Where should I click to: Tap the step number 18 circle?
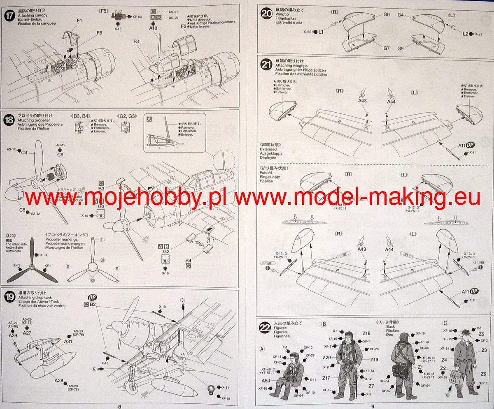tap(9, 120)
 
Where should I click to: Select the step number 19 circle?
tap(9, 296)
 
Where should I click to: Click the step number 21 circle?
tap(266, 64)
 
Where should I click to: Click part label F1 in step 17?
tap(79, 20)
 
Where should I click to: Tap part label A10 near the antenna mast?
tap(153, 28)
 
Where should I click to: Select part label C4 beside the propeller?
tap(24, 153)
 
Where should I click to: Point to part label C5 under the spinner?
tap(22, 210)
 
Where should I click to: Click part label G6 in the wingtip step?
tap(386, 15)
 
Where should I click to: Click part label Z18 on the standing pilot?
tap(367, 333)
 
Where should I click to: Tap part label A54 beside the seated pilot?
tap(266, 381)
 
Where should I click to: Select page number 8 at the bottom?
tap(119, 406)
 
